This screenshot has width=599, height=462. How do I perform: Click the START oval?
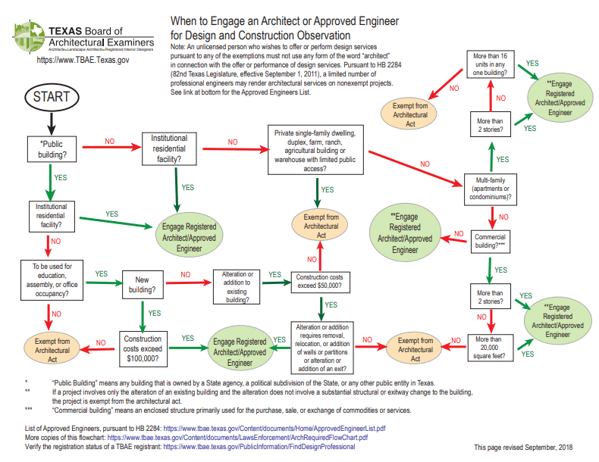click(52, 97)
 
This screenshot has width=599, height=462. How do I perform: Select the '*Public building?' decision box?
click(52, 148)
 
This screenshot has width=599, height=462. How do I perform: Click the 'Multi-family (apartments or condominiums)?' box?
click(491, 188)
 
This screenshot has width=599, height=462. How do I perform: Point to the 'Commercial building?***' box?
click(491, 241)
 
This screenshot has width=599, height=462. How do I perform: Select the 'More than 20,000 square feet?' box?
click(491, 345)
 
